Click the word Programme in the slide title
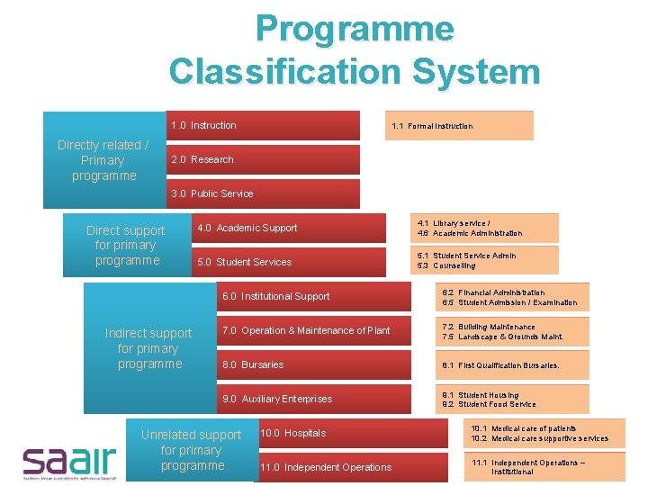355,30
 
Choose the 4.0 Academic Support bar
288,228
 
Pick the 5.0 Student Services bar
288,262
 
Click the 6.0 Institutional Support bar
315,296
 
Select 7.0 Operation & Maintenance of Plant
315,330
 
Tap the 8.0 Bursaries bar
315,364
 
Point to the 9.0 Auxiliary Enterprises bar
315,399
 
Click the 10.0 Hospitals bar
351,433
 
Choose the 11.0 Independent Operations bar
351,467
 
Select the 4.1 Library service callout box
483,228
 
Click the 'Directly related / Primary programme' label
103,160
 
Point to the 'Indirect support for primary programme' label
148,348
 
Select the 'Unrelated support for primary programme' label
191,450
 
